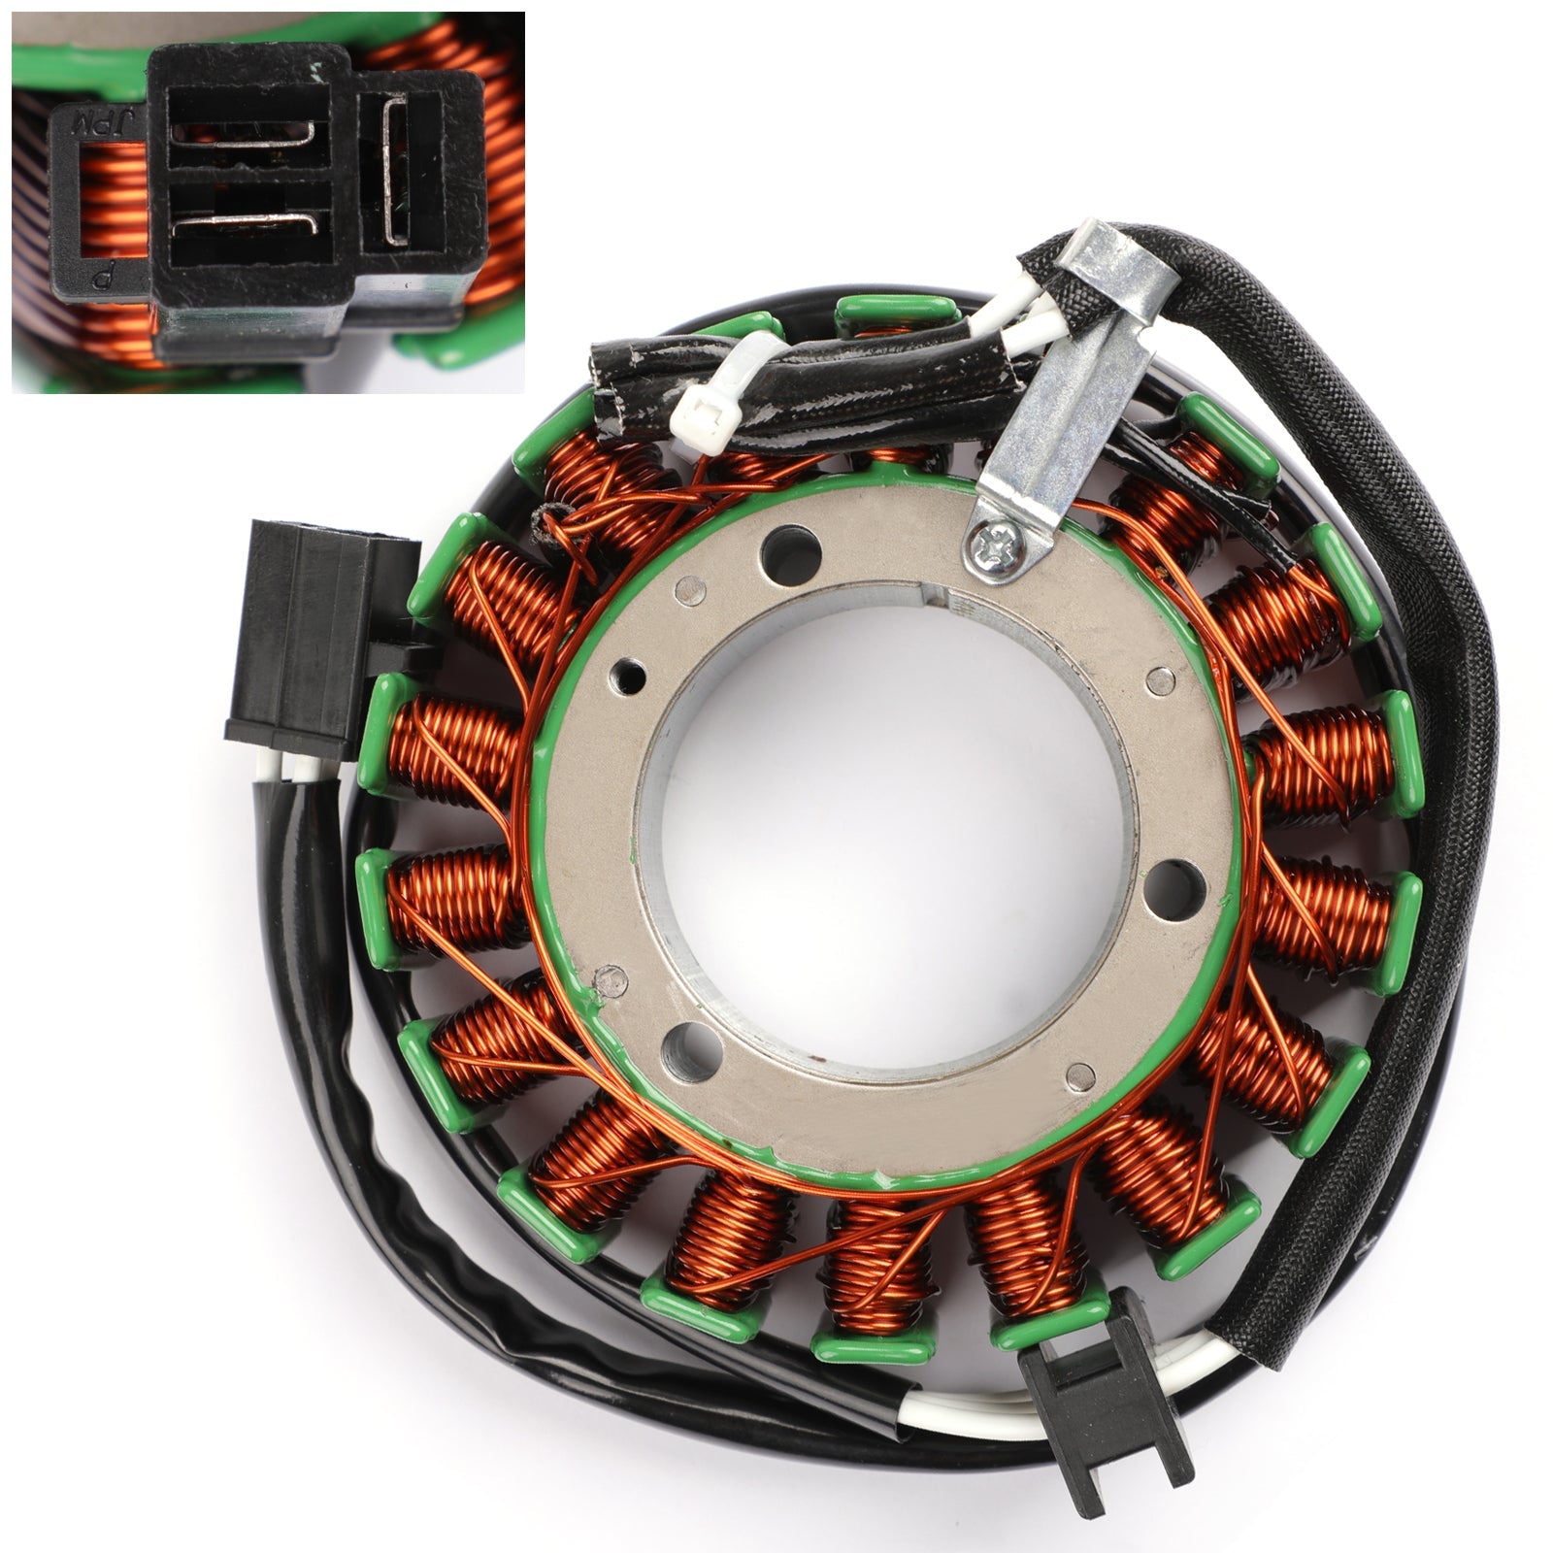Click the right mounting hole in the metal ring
pyautogui.click(x=1174, y=881)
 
